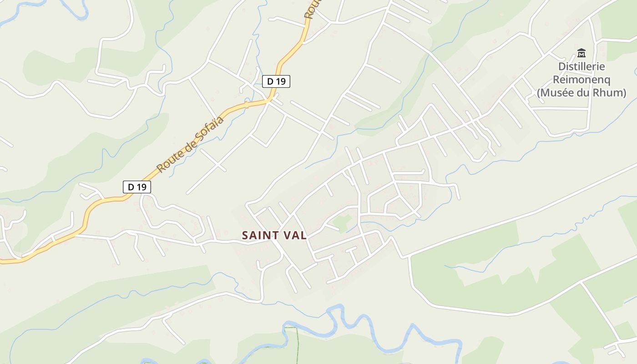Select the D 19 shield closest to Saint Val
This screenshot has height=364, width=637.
point(136,187)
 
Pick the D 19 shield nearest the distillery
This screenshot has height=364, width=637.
point(276,81)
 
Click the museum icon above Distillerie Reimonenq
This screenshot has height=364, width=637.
point(581,53)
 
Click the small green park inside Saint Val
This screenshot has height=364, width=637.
point(342,222)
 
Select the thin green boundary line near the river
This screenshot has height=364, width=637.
point(298,346)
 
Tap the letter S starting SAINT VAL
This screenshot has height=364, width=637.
point(245,235)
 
